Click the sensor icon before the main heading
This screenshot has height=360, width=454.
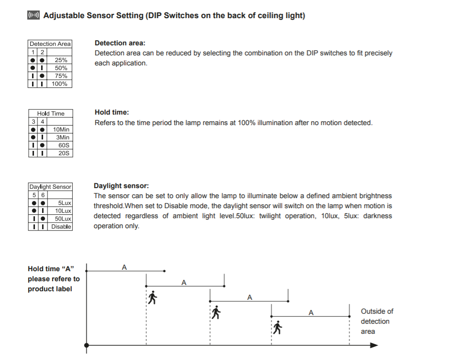click(33, 16)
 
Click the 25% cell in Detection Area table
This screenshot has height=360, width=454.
click(61, 60)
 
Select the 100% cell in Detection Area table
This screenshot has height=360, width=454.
click(60, 84)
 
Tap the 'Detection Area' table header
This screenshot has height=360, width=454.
click(50, 44)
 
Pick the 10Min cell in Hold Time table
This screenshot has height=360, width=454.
click(61, 129)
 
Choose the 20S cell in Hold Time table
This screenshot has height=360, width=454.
click(64, 153)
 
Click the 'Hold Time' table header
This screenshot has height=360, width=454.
click(51, 114)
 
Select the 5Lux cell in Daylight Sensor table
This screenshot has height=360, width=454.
click(65, 203)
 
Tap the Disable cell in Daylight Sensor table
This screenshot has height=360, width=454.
click(61, 226)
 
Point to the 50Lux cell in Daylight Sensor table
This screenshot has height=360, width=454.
click(63, 219)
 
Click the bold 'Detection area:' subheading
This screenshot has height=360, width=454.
click(120, 43)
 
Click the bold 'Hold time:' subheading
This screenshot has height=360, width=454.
click(112, 113)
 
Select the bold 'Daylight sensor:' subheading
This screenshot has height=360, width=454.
click(121, 186)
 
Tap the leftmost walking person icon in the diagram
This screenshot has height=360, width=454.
click(152, 297)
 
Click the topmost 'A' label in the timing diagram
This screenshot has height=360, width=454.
click(124, 267)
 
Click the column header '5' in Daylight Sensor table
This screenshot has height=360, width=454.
click(34, 195)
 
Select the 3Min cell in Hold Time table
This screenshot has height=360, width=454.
click(63, 138)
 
